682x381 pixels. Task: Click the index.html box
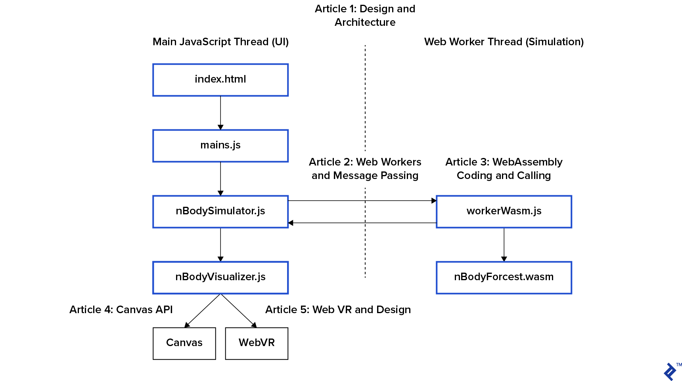click(x=220, y=80)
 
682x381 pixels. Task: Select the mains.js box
click(x=220, y=146)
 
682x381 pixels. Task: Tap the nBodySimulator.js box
click(x=220, y=212)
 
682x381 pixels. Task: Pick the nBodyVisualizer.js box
click(x=220, y=277)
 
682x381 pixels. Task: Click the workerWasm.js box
click(x=504, y=212)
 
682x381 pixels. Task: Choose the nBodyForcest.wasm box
click(x=504, y=277)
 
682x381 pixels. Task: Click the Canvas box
click(x=184, y=343)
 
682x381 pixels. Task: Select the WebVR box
click(x=257, y=343)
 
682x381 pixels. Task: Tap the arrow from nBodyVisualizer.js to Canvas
click(x=203, y=311)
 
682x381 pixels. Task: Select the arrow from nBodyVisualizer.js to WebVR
click(x=238, y=311)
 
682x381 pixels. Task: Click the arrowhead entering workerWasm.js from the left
click(x=434, y=201)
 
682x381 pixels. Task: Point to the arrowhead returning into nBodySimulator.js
click(x=291, y=223)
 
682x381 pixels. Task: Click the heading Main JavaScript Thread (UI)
click(x=220, y=42)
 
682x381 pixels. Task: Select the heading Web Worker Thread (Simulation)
click(x=504, y=42)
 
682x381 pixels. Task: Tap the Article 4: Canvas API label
click(x=121, y=310)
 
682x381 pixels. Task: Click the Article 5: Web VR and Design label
click(x=338, y=310)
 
